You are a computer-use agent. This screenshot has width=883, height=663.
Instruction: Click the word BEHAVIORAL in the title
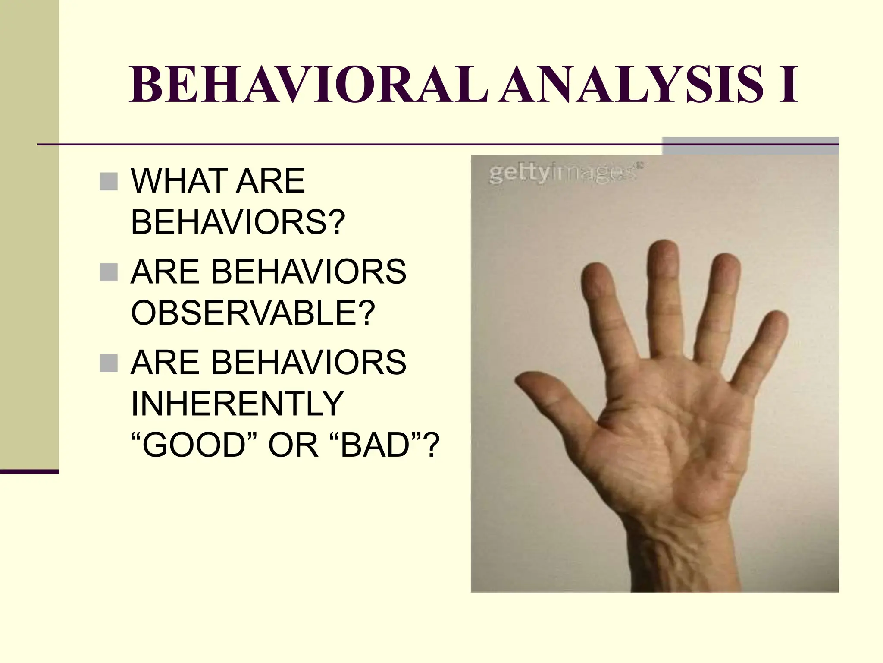pos(308,85)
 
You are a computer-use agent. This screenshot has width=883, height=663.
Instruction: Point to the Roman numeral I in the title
pos(788,85)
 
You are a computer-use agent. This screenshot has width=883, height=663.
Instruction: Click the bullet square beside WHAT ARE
pos(108,182)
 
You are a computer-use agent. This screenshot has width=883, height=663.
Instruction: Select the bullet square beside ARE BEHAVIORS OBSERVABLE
pos(108,272)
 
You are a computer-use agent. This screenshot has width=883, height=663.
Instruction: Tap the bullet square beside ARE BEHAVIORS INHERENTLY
pos(108,363)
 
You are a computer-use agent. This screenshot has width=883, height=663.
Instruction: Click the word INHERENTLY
pos(237,403)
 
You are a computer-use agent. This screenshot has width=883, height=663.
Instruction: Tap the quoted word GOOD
pos(194,445)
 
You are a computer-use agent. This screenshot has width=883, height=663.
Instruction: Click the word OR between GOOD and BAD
pos(293,445)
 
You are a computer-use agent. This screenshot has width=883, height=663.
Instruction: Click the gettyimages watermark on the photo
pos(565,174)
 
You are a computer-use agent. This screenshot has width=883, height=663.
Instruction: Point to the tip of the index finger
pos(595,276)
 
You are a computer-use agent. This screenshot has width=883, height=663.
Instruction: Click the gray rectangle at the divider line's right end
pos(750,145)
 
